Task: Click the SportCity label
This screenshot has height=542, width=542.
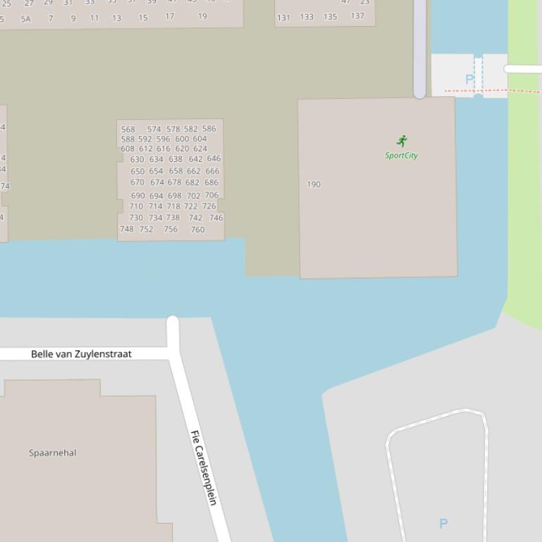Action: pyautogui.click(x=401, y=156)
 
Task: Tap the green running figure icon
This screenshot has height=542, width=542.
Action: pyautogui.click(x=402, y=141)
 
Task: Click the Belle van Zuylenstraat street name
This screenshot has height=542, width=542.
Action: pyautogui.click(x=81, y=354)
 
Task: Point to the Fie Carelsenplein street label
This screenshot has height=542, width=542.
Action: pyautogui.click(x=204, y=467)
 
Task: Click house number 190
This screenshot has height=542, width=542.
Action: pyautogui.click(x=314, y=184)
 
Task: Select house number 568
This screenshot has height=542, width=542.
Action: pyautogui.click(x=128, y=130)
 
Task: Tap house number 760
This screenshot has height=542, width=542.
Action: pyautogui.click(x=197, y=229)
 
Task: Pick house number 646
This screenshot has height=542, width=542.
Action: pyautogui.click(x=214, y=159)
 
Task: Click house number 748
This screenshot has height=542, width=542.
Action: pyautogui.click(x=127, y=229)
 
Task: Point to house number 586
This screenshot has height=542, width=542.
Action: pyautogui.click(x=209, y=129)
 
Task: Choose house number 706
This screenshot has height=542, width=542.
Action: pyautogui.click(x=211, y=195)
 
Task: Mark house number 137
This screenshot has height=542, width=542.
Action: pyautogui.click(x=357, y=16)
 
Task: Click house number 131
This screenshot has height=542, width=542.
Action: pyautogui.click(x=283, y=18)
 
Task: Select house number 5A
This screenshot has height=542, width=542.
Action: pyautogui.click(x=26, y=19)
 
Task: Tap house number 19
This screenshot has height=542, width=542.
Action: pyautogui.click(x=202, y=16)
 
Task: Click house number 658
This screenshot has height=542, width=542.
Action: pyautogui.click(x=175, y=171)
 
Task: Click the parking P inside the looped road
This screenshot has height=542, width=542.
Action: pyautogui.click(x=443, y=524)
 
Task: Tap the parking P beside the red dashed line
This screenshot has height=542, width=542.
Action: pyautogui.click(x=469, y=80)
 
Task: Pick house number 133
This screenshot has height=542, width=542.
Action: pyautogui.click(x=307, y=17)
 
